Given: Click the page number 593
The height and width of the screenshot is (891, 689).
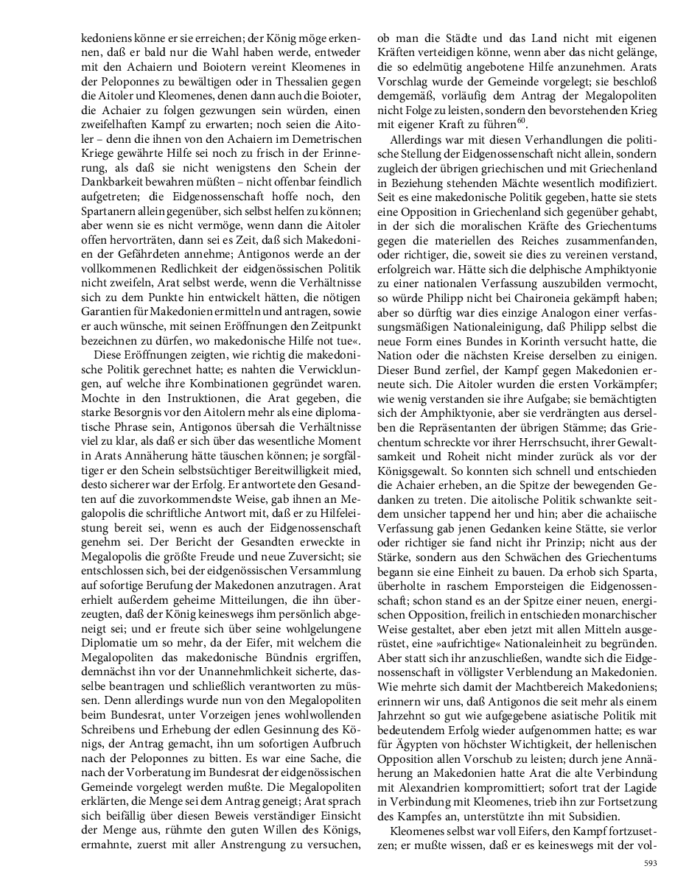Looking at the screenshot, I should [x=650, y=862].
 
